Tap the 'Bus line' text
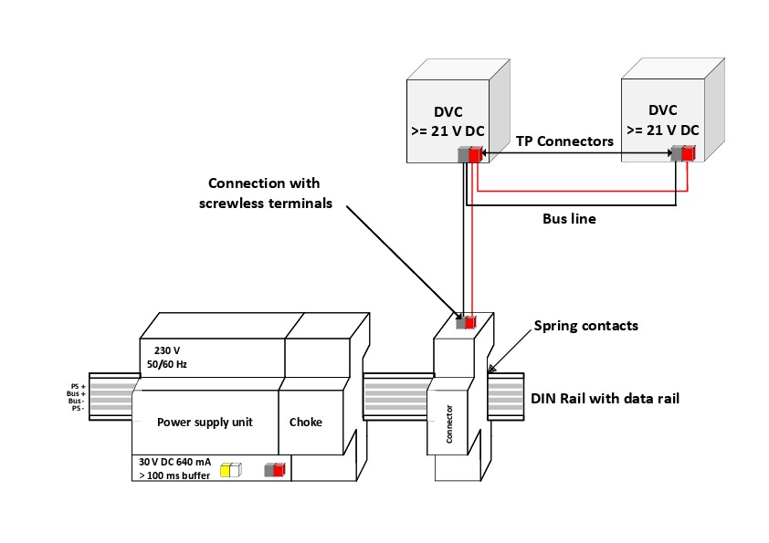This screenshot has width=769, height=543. click(x=569, y=219)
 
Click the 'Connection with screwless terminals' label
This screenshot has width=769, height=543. click(x=266, y=193)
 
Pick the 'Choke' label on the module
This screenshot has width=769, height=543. click(x=306, y=423)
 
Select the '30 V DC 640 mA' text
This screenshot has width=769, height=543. click(x=175, y=462)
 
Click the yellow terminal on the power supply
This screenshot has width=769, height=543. click(x=228, y=471)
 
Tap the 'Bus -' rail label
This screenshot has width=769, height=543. click(x=76, y=401)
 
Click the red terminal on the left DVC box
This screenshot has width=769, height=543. click(x=475, y=155)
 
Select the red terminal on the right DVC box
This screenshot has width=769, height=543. click(x=687, y=154)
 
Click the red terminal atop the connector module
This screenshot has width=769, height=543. click(x=470, y=322)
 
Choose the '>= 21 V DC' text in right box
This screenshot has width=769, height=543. click(x=662, y=130)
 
